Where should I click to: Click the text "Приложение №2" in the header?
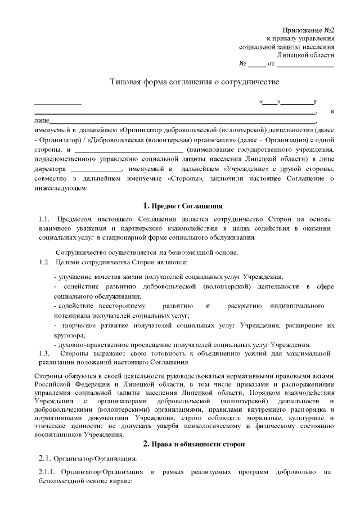308,29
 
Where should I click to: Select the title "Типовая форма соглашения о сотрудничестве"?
194,82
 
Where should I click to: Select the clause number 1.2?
44,263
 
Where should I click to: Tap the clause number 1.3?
44,353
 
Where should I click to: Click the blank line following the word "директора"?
97,169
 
